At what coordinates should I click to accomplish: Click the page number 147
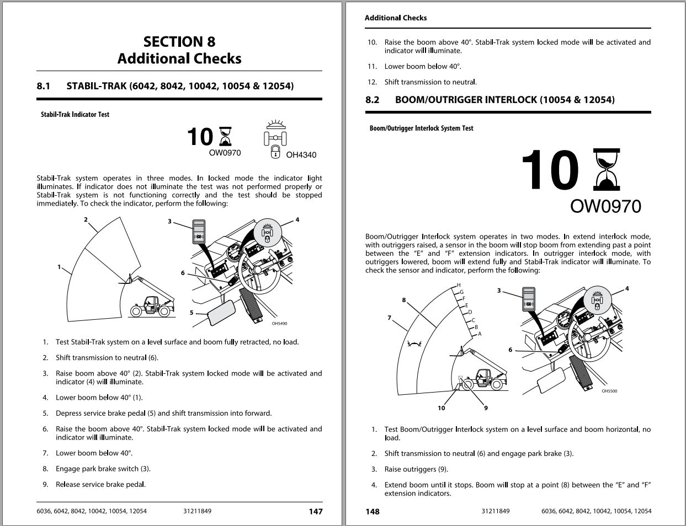pyautogui.click(x=315, y=512)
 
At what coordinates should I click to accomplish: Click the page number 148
pyautogui.click(x=373, y=512)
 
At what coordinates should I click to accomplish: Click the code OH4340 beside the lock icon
pyautogui.click(x=301, y=155)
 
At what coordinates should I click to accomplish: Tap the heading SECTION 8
pyautogui.click(x=179, y=42)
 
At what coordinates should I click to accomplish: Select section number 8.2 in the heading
pyautogui.click(x=373, y=100)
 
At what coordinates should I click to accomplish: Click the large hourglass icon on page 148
pyautogui.click(x=606, y=169)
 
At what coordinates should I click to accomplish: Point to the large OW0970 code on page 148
pyautogui.click(x=605, y=206)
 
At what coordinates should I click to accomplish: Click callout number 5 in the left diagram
pyautogui.click(x=192, y=313)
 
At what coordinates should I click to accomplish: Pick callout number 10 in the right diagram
pyautogui.click(x=441, y=408)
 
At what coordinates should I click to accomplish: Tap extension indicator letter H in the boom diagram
pyautogui.click(x=459, y=285)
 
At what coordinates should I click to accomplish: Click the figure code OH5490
pyautogui.click(x=279, y=324)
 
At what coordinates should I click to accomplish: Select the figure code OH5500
pyautogui.click(x=609, y=391)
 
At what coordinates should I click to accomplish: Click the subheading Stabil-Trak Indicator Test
pyautogui.click(x=75, y=115)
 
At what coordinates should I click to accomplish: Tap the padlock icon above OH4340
pyautogui.click(x=275, y=152)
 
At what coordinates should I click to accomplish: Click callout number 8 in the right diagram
pyautogui.click(x=404, y=300)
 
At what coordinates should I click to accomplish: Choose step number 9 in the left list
pyautogui.click(x=45, y=485)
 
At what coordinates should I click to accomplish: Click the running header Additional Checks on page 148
pyautogui.click(x=395, y=18)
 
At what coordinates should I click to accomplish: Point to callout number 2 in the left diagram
pyautogui.click(x=86, y=219)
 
